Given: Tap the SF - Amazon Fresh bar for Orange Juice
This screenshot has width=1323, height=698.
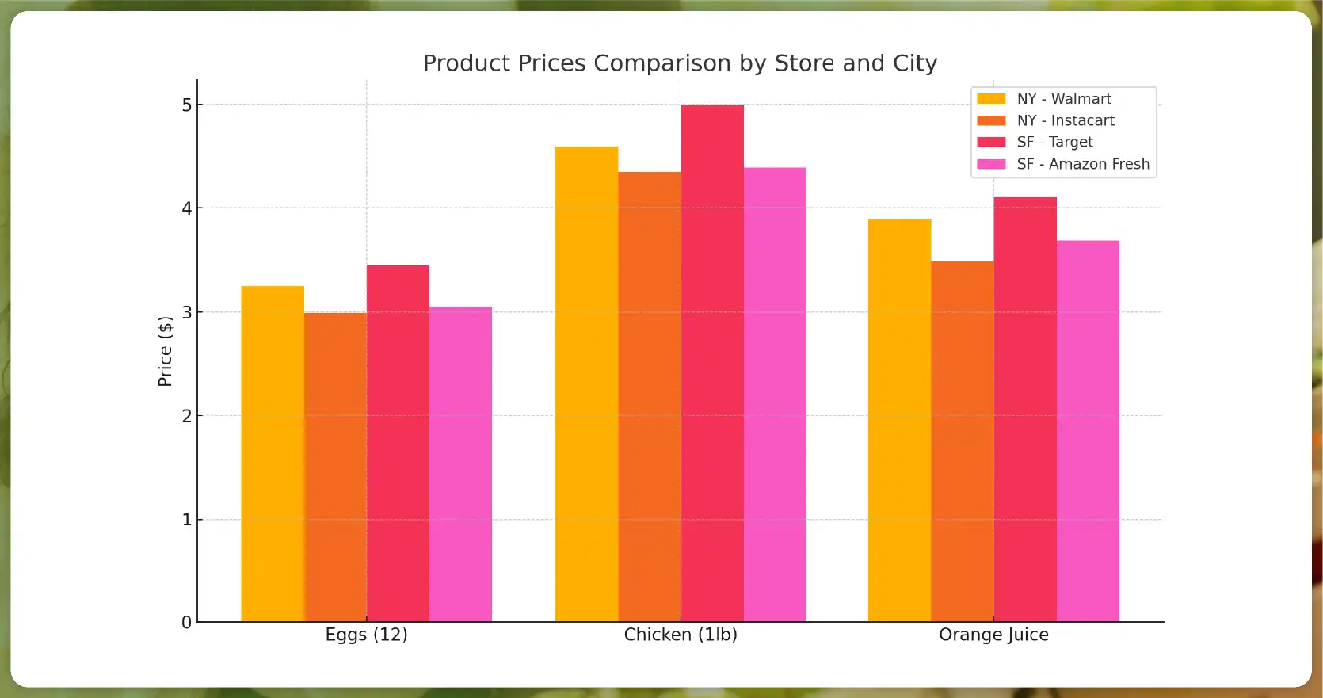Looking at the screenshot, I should pos(1088,431).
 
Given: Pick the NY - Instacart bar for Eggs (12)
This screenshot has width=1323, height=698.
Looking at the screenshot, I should pos(335,467).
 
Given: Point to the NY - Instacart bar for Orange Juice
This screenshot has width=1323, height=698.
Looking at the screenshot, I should pos(962,441).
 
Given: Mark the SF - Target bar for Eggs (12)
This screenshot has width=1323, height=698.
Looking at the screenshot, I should pos(398,443).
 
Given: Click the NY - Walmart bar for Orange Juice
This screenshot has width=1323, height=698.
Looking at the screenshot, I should pos(899,420).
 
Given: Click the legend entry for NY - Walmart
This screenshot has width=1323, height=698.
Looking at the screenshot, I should pos(1064,99).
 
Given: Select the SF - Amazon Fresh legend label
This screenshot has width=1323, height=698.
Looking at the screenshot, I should pos(1083,164).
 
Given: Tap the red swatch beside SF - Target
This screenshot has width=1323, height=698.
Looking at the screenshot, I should pos(991,142).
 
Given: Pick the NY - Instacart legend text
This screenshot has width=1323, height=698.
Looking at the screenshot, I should pos(1066,120).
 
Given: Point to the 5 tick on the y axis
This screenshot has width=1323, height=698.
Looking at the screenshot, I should pos(187,105).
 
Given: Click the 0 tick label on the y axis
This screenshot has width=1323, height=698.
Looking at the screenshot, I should pos(187,623).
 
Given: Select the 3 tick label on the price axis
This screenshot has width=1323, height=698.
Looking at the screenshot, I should pos(187,312).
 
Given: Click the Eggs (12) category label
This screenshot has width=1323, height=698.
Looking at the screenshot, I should pos(366,635).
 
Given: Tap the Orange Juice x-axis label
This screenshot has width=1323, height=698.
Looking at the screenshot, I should pos(993,635).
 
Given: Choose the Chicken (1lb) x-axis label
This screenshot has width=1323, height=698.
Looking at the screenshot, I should pos(681,635).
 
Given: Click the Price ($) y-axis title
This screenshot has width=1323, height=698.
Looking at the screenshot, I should pos(165,351).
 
